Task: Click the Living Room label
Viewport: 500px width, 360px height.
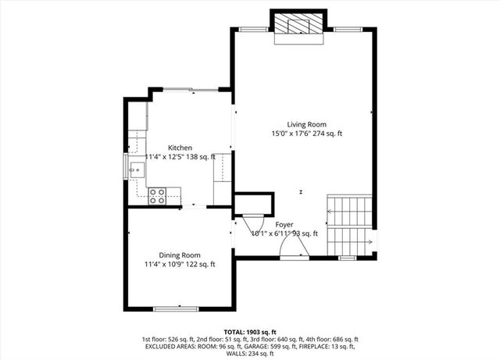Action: click(306, 124)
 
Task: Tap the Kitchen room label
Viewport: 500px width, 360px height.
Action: click(180, 148)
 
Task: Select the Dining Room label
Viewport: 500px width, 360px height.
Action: click(180, 255)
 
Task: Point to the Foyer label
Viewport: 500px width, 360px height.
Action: click(284, 224)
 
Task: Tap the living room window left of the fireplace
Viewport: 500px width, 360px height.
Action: click(252, 28)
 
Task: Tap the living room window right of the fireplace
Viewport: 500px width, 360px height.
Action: click(345, 28)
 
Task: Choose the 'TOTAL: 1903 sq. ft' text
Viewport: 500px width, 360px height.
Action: click(250, 331)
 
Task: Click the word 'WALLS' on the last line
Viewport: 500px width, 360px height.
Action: click(237, 355)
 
